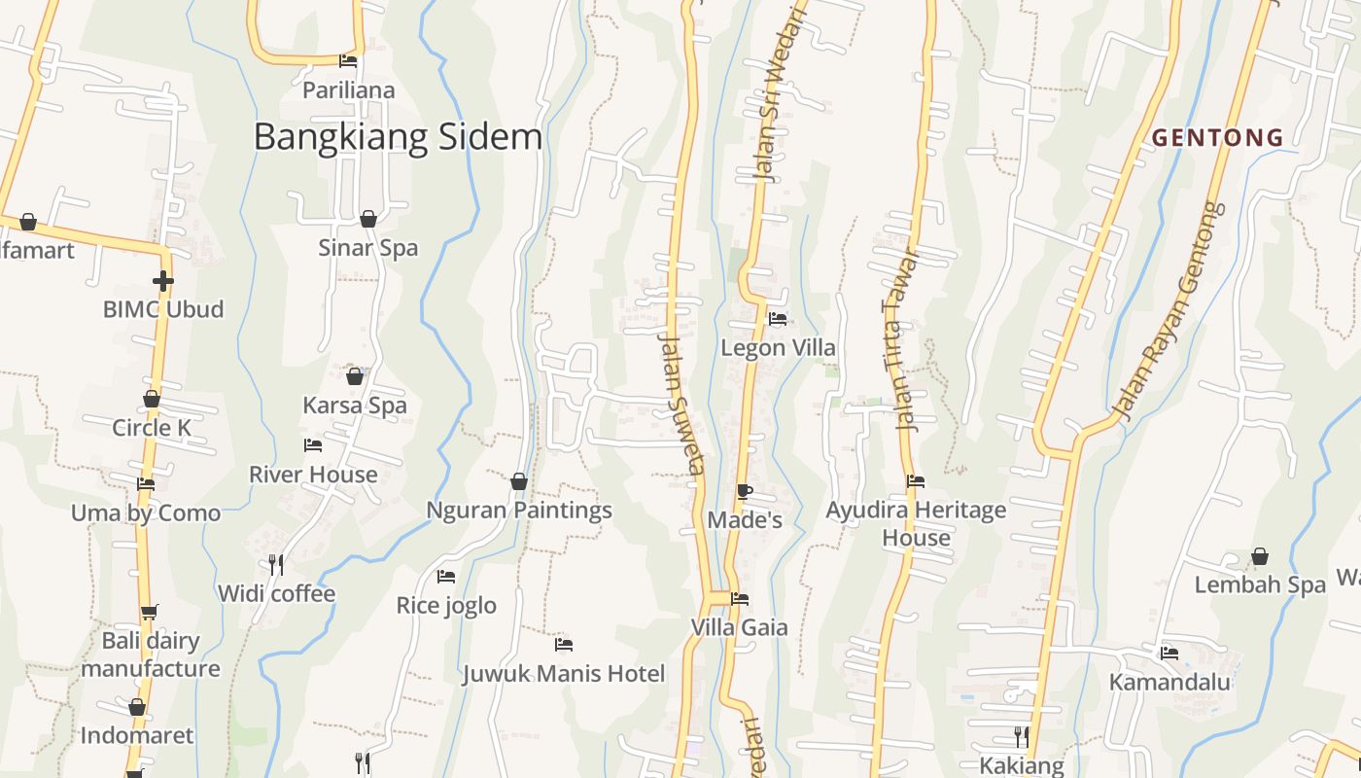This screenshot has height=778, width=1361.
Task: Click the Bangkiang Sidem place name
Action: tap(398, 137)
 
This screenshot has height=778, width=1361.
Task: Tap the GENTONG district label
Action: tap(1217, 138)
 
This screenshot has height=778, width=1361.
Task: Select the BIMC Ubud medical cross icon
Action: tap(162, 282)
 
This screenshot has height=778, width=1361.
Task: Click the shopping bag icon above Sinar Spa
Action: tap(368, 219)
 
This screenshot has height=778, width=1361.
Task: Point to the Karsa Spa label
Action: tap(355, 406)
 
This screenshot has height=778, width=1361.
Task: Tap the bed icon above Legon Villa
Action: tap(777, 318)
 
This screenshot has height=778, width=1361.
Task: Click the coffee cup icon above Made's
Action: tap(744, 491)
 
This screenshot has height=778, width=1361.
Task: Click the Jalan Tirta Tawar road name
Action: tap(900, 340)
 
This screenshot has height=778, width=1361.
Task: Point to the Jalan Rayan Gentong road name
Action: tap(1167, 311)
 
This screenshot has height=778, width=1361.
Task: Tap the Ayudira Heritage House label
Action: tap(916, 523)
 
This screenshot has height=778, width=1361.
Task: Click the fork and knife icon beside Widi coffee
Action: tap(276, 564)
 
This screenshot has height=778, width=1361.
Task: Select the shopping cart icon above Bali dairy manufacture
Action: tap(149, 613)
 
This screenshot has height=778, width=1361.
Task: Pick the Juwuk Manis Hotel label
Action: tap(564, 674)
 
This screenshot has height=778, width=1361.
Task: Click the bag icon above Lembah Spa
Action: tap(1260, 556)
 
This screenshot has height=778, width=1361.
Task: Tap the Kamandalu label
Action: tap(1169, 682)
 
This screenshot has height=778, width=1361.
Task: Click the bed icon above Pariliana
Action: tap(348, 61)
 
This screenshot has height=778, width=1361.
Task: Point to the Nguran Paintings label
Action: tap(519, 511)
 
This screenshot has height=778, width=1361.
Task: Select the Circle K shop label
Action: tap(152, 428)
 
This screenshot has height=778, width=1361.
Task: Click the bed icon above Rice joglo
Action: tap(446, 577)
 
